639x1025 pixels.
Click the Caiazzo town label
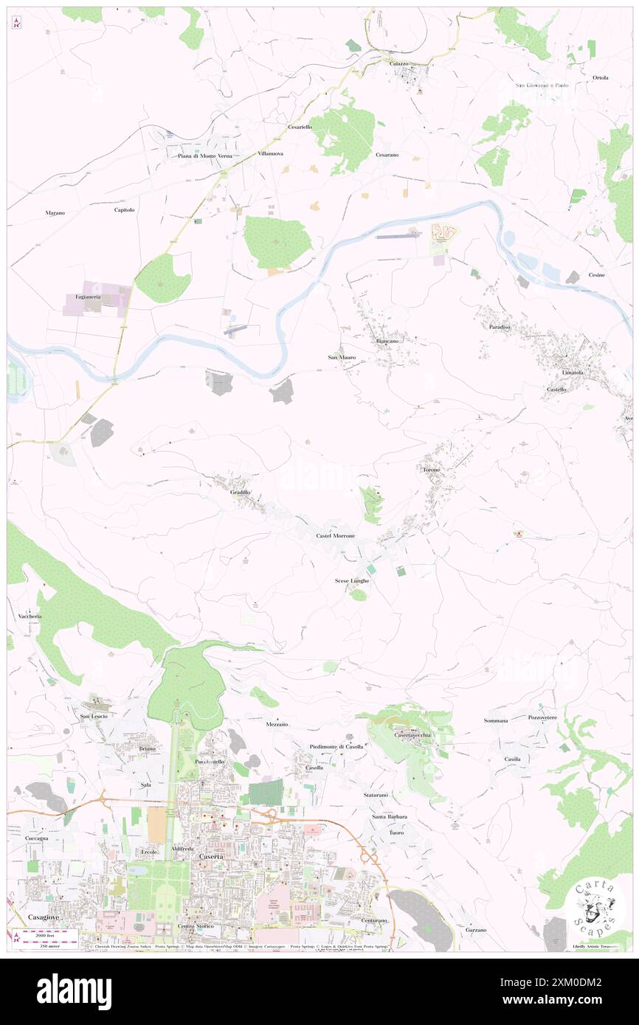398,64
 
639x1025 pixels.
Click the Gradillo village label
241,493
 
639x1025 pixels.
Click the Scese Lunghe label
352,581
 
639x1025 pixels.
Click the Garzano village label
476,930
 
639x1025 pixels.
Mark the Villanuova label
271,153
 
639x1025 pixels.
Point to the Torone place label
431,470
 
